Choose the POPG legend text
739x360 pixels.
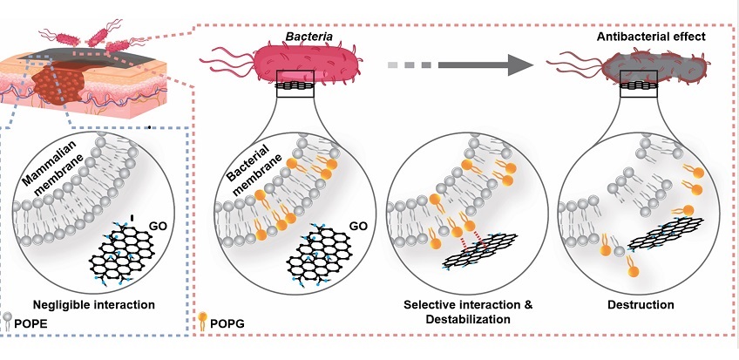tap(234, 323)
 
